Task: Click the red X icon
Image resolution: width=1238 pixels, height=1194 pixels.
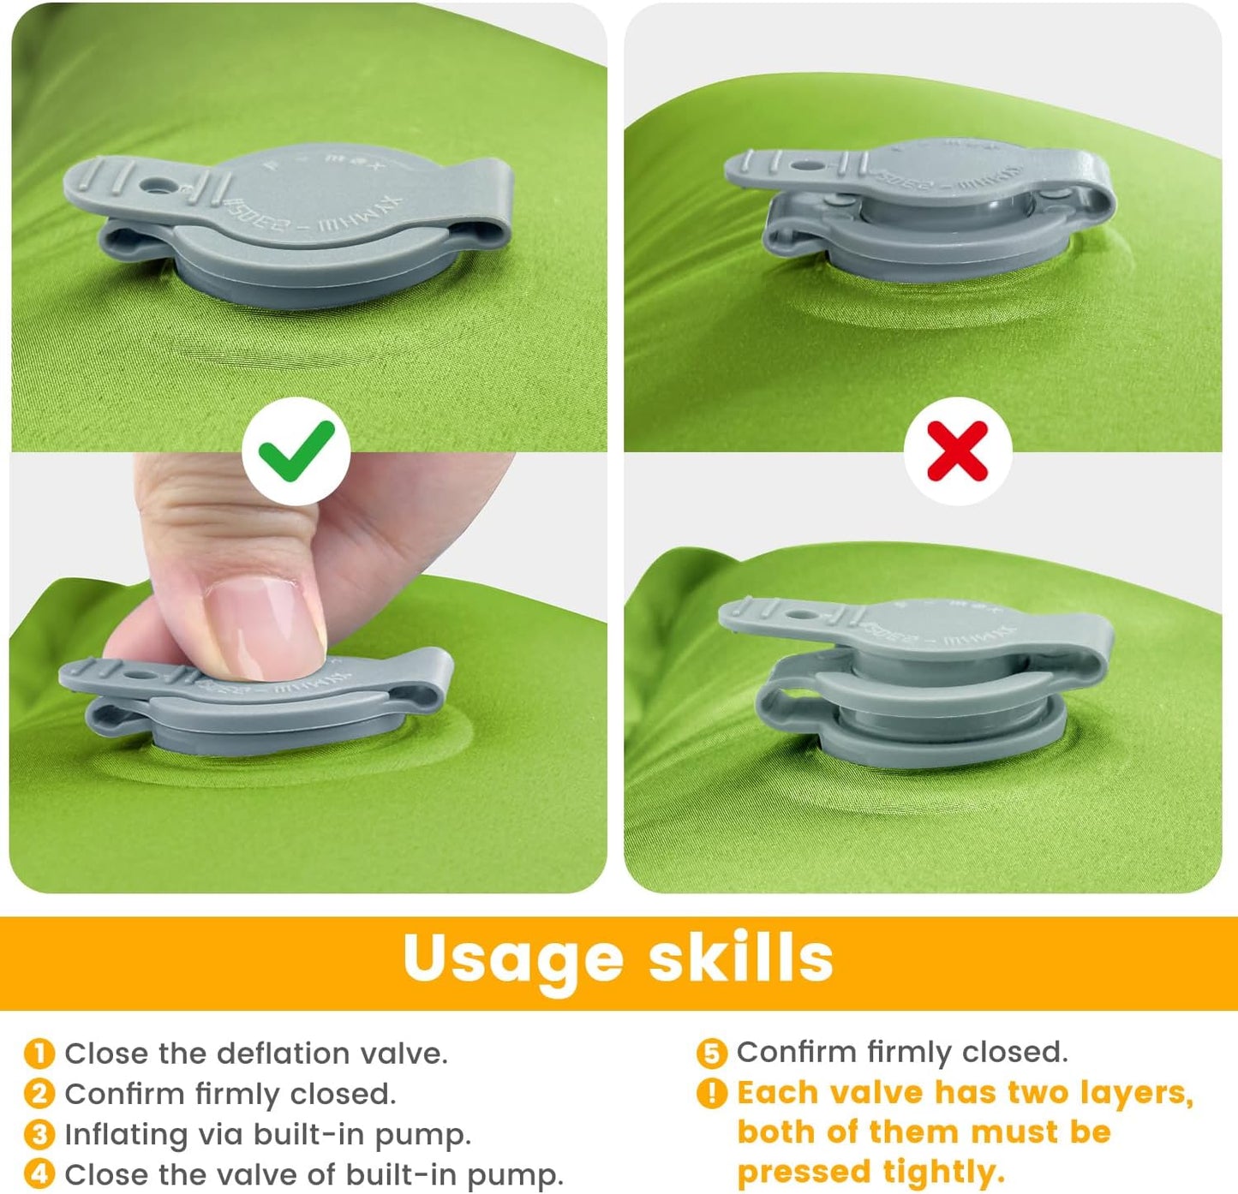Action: pyautogui.click(x=958, y=451)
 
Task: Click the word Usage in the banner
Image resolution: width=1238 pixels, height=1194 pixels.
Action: pyautogui.click(x=512, y=958)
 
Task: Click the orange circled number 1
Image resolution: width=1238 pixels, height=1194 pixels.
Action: pyautogui.click(x=39, y=1054)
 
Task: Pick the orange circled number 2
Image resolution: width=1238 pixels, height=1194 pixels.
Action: pyautogui.click(x=39, y=1094)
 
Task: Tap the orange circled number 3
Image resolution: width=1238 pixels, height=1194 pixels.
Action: pyautogui.click(x=39, y=1135)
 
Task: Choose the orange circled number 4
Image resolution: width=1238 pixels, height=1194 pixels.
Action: pyautogui.click(x=39, y=1174)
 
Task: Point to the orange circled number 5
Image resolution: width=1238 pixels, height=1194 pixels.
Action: pyautogui.click(x=711, y=1053)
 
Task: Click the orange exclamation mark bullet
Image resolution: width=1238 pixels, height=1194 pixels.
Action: pyautogui.click(x=711, y=1093)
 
